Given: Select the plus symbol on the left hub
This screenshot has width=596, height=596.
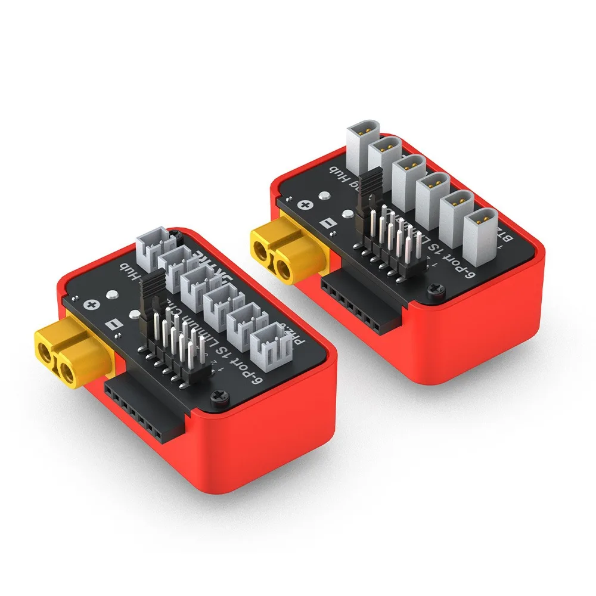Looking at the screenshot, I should tap(91, 305).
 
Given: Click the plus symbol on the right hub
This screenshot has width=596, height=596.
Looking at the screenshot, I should tap(305, 206).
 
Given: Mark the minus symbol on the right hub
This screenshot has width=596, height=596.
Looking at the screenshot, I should tap(325, 225).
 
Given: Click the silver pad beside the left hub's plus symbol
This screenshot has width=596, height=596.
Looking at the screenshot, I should tap(111, 295).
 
